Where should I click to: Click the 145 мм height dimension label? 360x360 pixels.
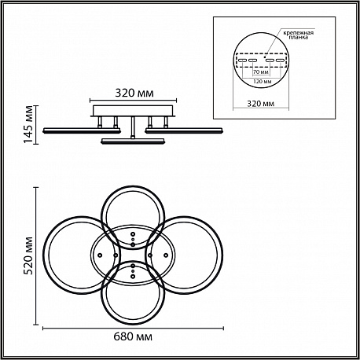[x=28, y=124]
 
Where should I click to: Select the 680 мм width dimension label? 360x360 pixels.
[x=133, y=336]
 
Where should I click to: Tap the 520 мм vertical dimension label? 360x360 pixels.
[x=28, y=255]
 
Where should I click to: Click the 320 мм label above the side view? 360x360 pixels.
[x=134, y=93]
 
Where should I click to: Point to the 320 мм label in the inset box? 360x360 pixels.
[x=261, y=104]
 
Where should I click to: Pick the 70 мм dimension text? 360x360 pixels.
[x=260, y=72]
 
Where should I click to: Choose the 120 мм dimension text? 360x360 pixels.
[x=263, y=81]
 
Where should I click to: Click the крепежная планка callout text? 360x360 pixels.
[x=299, y=35]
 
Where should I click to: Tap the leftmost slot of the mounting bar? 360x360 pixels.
[x=241, y=61]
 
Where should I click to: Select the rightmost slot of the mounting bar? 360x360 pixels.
[x=280, y=61]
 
